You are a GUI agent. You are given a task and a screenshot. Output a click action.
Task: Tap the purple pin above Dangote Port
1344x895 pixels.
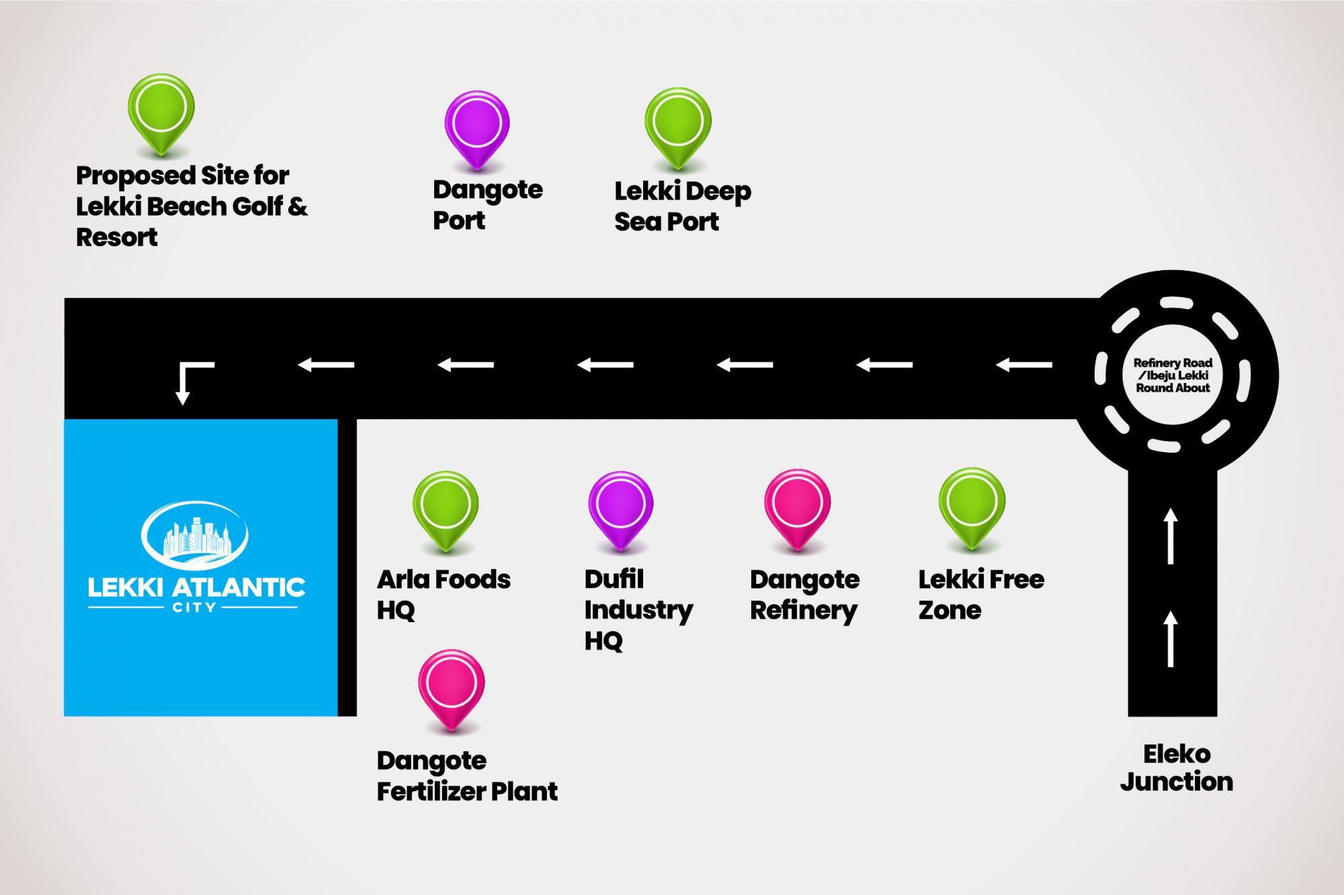pyautogui.click(x=476, y=124)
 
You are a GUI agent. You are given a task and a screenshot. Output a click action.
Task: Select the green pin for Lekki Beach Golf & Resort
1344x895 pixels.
pyautogui.click(x=161, y=108)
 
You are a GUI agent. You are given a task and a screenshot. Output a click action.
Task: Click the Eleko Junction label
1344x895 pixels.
pyautogui.click(x=1176, y=768)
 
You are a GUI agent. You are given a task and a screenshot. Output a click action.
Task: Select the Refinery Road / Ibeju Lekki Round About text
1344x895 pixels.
pyautogui.click(x=1173, y=375)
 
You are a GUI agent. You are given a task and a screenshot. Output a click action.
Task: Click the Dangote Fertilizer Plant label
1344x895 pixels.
pyautogui.click(x=467, y=776)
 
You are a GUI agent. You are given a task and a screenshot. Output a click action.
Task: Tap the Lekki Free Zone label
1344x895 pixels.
pyautogui.click(x=981, y=595)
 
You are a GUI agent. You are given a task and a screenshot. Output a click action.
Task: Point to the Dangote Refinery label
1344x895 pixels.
pyautogui.click(x=804, y=595)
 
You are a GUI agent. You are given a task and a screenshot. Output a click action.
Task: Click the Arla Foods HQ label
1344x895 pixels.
pyautogui.click(x=444, y=595)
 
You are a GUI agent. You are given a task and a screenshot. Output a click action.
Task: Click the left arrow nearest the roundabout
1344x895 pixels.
pyautogui.click(x=1023, y=365)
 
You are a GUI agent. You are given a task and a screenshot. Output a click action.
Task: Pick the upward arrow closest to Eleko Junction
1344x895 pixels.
pyautogui.click(x=1171, y=638)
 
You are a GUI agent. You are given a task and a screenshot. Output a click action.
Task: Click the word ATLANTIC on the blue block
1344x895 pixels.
pyautogui.click(x=239, y=588)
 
